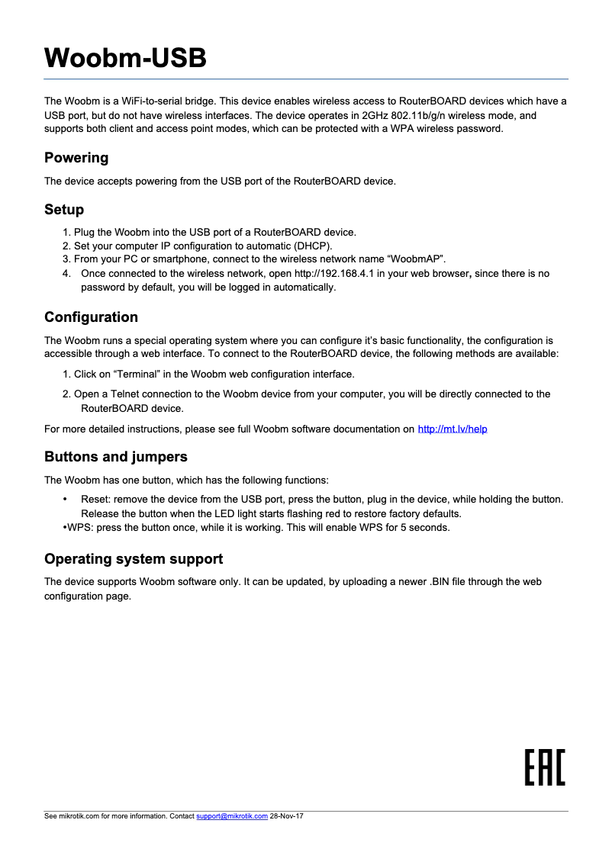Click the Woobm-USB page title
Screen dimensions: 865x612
click(125, 58)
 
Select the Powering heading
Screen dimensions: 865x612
click(76, 158)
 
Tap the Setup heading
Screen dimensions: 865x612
click(64, 210)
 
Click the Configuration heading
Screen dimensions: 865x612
click(91, 317)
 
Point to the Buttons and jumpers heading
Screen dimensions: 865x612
click(115, 457)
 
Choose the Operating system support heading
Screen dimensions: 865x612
click(134, 559)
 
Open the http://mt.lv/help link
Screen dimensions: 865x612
click(452, 429)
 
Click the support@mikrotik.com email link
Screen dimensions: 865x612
click(232, 816)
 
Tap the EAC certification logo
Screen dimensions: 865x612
click(545, 767)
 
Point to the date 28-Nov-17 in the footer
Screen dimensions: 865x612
click(287, 816)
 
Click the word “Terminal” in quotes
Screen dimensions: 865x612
click(137, 375)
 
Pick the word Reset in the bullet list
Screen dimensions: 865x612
click(95, 500)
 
